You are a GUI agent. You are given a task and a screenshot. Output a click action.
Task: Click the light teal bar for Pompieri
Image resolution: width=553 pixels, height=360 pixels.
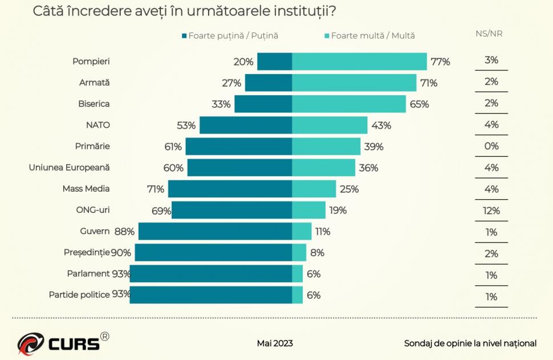click(x=359, y=62)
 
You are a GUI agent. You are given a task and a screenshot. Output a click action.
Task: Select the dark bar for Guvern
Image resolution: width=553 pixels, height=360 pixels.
click(x=215, y=231)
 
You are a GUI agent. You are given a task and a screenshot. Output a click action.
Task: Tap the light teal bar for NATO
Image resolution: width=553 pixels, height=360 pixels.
click(x=330, y=126)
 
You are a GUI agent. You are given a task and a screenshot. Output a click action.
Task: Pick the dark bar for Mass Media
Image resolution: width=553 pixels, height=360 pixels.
click(x=230, y=189)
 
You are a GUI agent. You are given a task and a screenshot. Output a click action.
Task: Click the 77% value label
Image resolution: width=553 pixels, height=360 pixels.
click(x=440, y=62)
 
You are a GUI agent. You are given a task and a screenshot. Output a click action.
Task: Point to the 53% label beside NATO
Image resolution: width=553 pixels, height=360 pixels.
click(x=186, y=126)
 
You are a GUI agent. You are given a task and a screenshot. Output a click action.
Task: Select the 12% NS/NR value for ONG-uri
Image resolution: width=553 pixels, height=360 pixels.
click(x=491, y=211)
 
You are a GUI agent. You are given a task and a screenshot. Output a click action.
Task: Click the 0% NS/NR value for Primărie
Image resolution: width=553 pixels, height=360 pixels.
click(x=491, y=146)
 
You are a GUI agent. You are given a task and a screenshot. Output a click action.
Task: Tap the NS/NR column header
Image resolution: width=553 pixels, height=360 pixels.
click(x=489, y=34)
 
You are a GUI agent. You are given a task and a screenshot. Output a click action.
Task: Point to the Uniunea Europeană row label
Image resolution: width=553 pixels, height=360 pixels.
click(x=69, y=168)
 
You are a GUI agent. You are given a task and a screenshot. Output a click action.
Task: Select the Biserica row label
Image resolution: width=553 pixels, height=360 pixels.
click(x=93, y=104)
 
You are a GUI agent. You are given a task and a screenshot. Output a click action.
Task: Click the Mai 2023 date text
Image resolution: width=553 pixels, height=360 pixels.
click(x=275, y=343)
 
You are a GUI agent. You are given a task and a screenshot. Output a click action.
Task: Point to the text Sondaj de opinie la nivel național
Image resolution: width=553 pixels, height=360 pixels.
click(x=470, y=343)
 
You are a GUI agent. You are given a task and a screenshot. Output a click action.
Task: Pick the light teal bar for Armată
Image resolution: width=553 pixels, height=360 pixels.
click(x=354, y=83)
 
